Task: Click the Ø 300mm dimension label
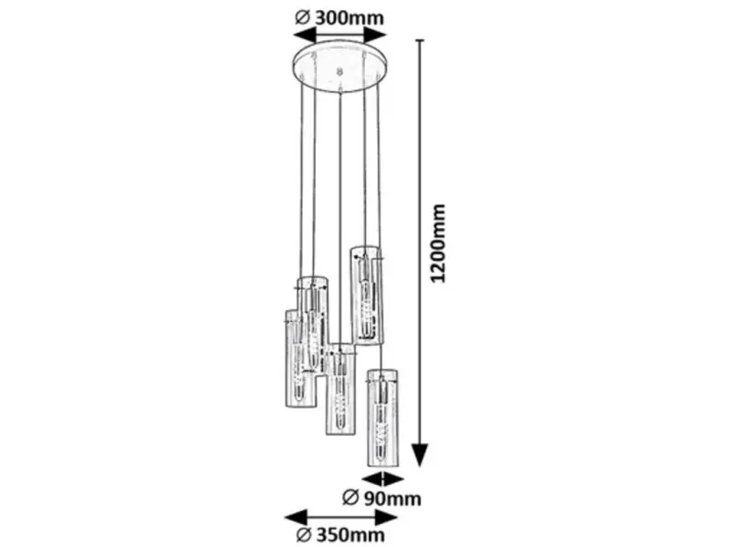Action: click(339, 17)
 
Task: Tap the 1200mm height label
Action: click(438, 243)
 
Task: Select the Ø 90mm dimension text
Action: click(381, 498)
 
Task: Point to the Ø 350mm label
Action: click(340, 535)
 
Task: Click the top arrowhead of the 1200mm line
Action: click(421, 41)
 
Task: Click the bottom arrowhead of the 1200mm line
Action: click(421, 454)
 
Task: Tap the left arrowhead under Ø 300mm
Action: click(305, 35)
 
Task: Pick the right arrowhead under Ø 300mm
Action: click(375, 35)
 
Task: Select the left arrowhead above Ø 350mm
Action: click(296, 517)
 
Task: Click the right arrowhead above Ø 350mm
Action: click(386, 517)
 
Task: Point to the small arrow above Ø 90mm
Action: click(382, 480)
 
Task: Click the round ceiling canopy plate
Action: click(340, 67)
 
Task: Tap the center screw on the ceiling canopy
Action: click(339, 72)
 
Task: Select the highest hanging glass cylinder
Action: click(367, 295)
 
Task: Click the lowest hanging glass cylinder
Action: click(382, 418)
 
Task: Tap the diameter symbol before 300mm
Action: click(302, 18)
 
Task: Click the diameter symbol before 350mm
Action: click(303, 535)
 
